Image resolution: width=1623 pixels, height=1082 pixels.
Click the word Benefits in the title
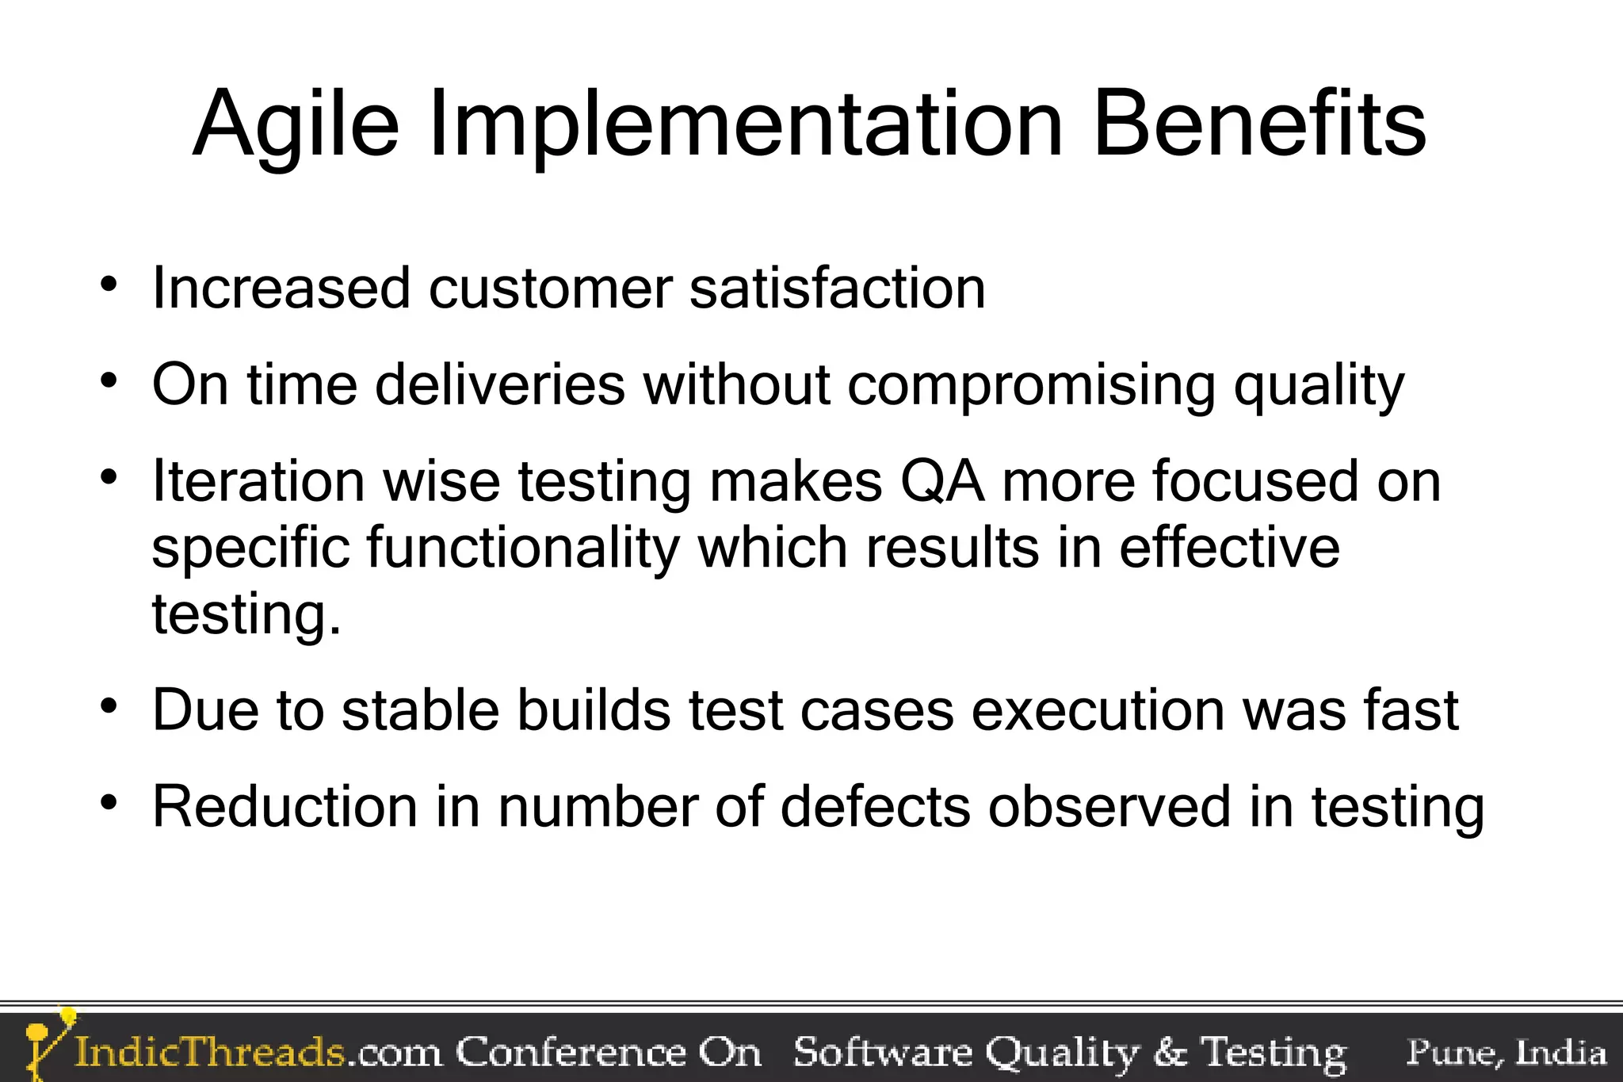tap(1259, 124)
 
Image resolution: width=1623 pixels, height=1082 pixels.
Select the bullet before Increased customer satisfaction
tap(109, 284)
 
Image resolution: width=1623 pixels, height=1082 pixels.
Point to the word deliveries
tap(499, 385)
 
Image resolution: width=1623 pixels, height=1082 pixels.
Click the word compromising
tap(1031, 387)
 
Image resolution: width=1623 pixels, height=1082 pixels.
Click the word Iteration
tap(258, 482)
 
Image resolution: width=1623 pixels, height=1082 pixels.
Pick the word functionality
tap(522, 549)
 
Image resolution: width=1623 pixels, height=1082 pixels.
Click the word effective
tap(1229, 548)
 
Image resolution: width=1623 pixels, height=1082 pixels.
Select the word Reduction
tap(285, 807)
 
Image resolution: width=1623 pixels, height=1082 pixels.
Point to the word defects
tap(875, 807)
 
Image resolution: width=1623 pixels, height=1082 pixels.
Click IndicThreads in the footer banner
tap(210, 1053)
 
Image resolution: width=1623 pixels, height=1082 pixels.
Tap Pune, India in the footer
tap(1506, 1053)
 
